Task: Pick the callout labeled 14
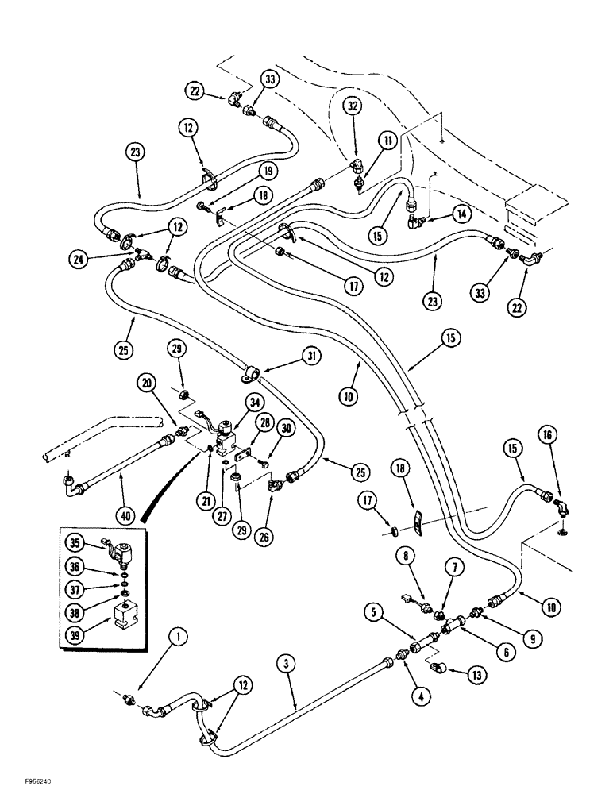(462, 212)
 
